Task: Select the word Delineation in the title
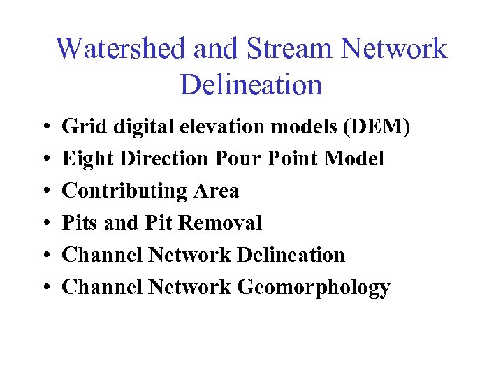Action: [x=251, y=85]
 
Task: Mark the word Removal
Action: [x=220, y=223]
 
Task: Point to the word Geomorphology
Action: [x=314, y=288]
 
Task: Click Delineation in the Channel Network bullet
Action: [x=291, y=256]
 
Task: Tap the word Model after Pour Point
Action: [x=354, y=159]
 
